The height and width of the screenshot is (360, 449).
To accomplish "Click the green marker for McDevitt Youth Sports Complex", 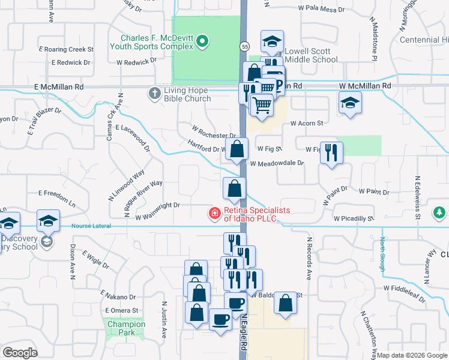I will click(x=203, y=41).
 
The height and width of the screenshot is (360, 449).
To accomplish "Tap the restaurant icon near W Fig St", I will click(x=331, y=154).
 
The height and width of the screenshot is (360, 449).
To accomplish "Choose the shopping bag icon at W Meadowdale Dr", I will click(x=237, y=149).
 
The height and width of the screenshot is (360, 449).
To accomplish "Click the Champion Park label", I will click(x=126, y=328).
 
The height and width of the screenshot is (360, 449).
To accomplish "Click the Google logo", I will click(x=19, y=353).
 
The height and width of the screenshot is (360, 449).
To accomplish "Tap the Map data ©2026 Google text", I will click(x=412, y=355).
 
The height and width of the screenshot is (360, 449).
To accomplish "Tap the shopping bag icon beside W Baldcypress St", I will click(x=286, y=304).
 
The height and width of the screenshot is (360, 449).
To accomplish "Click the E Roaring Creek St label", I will click(x=66, y=49).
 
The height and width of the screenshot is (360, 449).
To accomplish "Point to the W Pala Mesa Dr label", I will click(x=321, y=10).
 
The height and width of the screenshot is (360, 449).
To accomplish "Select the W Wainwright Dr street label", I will click(x=158, y=205).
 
